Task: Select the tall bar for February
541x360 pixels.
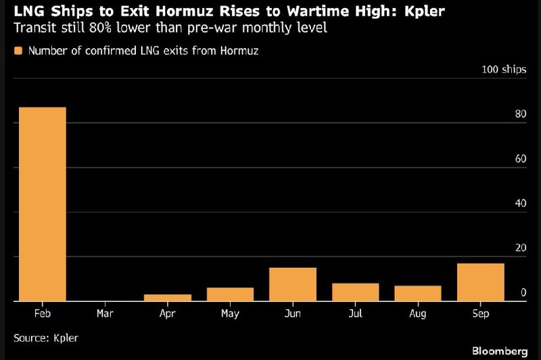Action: (x=43, y=204)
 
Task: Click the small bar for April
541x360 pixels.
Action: (x=168, y=298)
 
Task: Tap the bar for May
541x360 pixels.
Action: (x=230, y=294)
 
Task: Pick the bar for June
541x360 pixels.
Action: (x=293, y=284)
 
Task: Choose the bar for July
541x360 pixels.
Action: (x=356, y=292)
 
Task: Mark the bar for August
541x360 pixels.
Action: (x=418, y=294)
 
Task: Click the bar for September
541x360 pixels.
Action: (x=481, y=282)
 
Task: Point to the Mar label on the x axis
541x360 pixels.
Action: (x=105, y=313)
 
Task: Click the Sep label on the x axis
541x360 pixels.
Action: (x=481, y=314)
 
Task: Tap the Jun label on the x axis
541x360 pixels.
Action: (x=293, y=313)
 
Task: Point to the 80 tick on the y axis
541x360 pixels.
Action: (x=521, y=114)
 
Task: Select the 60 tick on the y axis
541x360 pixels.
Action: (x=521, y=159)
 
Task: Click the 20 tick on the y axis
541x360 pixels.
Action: (x=521, y=248)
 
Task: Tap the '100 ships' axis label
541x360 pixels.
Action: (x=504, y=70)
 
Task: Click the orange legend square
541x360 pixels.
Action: (x=18, y=51)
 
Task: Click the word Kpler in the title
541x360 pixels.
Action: (x=425, y=12)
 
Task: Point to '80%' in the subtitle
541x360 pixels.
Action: (x=100, y=28)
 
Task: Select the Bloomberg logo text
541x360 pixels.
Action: (x=500, y=351)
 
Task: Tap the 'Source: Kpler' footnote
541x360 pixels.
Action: (x=46, y=338)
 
